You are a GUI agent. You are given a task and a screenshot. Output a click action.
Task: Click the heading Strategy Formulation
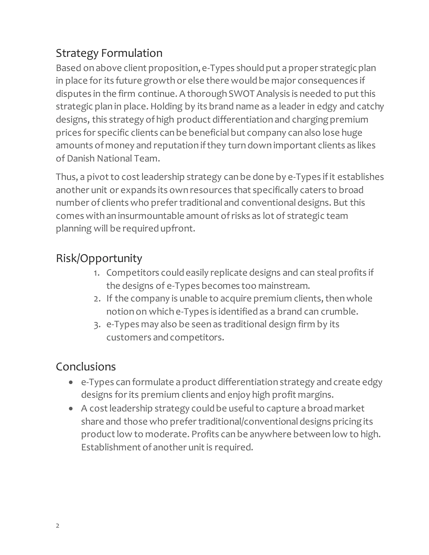click(109, 53)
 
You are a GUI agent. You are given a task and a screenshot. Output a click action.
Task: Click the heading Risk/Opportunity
click(99, 258)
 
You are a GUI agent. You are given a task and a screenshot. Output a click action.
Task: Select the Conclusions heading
click(86, 367)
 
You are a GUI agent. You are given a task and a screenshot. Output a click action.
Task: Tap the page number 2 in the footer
click(57, 526)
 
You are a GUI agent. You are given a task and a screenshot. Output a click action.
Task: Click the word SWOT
click(242, 94)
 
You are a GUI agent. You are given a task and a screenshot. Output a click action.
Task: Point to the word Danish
click(81, 158)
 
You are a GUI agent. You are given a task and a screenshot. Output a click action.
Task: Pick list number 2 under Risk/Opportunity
click(97, 299)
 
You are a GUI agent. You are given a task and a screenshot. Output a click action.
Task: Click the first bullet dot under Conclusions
click(71, 382)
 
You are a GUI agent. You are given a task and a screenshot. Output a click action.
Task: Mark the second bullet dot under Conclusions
click(71, 409)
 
